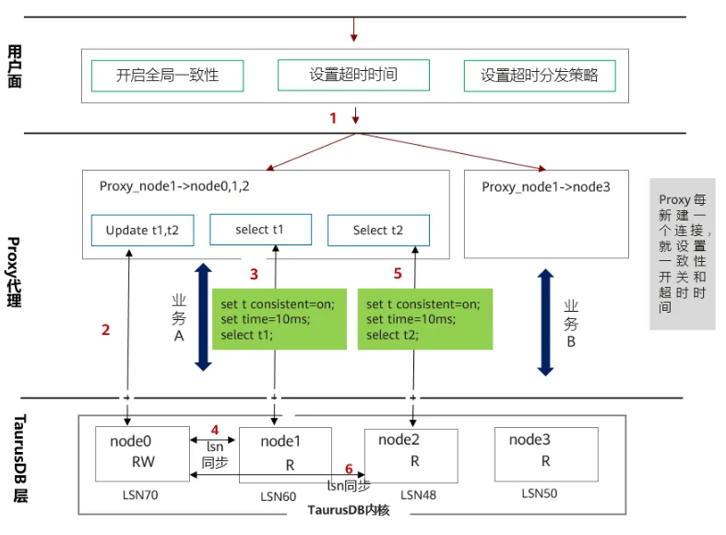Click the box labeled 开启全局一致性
pyautogui.click(x=167, y=76)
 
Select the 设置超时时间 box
pyautogui.click(x=353, y=75)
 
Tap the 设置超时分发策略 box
pyautogui.click(x=540, y=76)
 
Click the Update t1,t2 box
pyautogui.click(x=143, y=230)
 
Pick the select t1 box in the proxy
pyautogui.click(x=260, y=230)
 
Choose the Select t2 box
pyautogui.click(x=378, y=231)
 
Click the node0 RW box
pyautogui.click(x=140, y=452)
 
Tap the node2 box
pyautogui.click(x=411, y=452)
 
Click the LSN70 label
pyautogui.click(x=141, y=495)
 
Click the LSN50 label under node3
pyautogui.click(x=540, y=494)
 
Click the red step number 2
pyautogui.click(x=106, y=329)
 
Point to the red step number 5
pyautogui.click(x=398, y=274)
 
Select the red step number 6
pyautogui.click(x=349, y=469)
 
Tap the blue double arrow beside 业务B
pyautogui.click(x=546, y=322)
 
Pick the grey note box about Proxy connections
pyautogui.click(x=683, y=254)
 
